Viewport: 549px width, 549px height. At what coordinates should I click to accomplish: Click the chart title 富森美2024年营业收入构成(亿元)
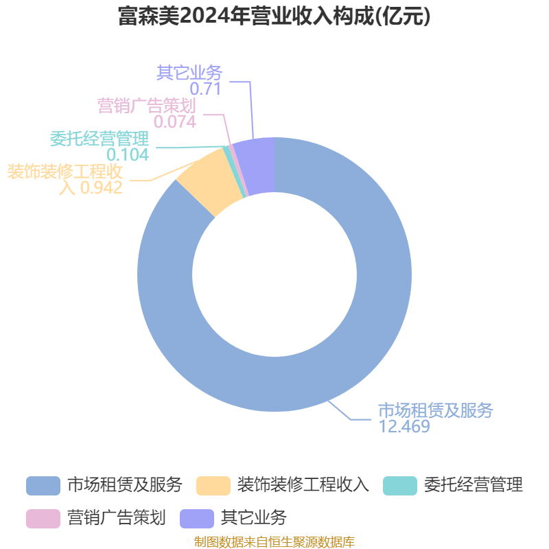click(274, 16)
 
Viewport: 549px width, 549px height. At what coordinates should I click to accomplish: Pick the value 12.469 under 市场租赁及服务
click(404, 426)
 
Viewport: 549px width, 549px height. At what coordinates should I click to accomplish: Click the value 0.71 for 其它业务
click(205, 89)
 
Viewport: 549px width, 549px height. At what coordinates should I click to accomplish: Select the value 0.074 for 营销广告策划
click(175, 122)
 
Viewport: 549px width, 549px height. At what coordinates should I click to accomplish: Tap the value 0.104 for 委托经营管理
click(128, 155)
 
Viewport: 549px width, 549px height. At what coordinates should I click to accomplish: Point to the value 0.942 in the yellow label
click(102, 187)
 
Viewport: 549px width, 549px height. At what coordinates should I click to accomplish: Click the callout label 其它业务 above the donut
click(189, 73)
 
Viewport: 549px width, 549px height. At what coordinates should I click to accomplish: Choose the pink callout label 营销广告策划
click(146, 106)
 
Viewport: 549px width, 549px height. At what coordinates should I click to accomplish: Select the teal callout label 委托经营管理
click(100, 139)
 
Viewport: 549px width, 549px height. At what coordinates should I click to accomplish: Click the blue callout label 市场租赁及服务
click(436, 410)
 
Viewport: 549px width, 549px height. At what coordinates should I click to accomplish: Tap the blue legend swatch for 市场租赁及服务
click(43, 486)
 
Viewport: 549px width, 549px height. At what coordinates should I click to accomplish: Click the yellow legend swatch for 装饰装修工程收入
click(213, 486)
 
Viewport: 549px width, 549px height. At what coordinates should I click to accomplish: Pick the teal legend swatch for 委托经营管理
click(400, 486)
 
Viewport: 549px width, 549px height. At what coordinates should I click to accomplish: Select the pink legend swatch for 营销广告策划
click(43, 519)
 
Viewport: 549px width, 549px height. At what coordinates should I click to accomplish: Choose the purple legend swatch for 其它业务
click(197, 519)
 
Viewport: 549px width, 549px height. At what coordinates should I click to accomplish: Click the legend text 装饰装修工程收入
click(303, 485)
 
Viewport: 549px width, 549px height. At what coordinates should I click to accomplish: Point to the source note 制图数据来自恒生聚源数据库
click(274, 541)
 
